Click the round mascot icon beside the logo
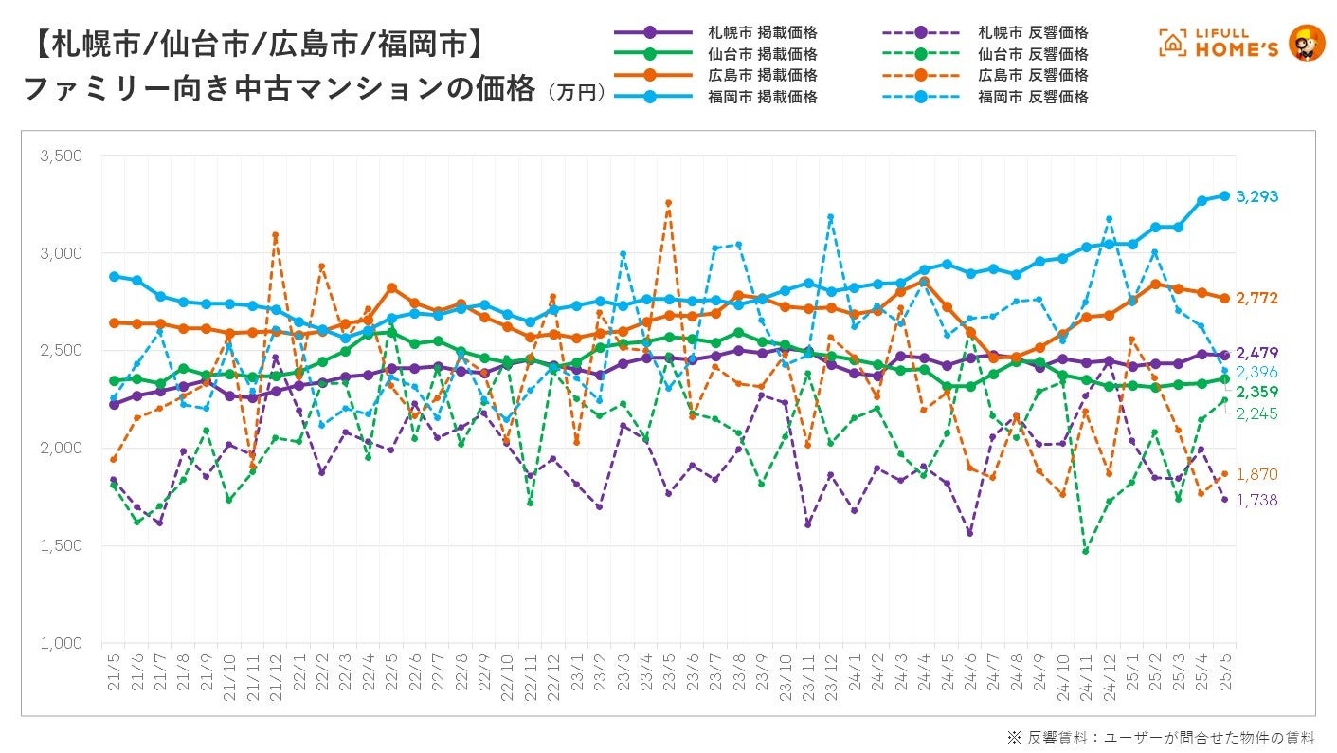pyautogui.click(x=1307, y=43)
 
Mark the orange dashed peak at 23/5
pyautogui.click(x=668, y=202)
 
